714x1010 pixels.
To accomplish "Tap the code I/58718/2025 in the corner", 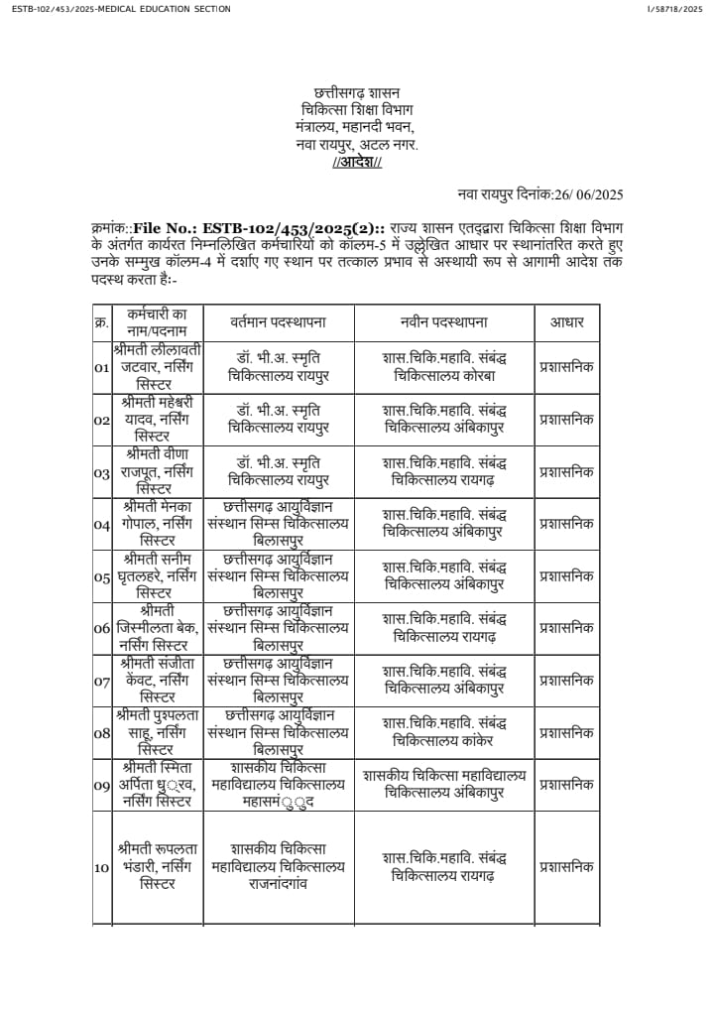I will (x=673, y=9).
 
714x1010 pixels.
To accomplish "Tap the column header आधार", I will (x=566, y=322).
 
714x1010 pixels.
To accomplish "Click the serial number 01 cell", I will (x=101, y=368).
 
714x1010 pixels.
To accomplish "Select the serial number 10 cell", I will (x=101, y=868).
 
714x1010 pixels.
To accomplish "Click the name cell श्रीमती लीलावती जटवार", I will (x=158, y=367).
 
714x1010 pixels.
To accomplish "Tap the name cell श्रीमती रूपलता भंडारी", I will (x=158, y=866).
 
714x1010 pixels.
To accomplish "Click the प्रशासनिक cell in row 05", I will (x=566, y=575).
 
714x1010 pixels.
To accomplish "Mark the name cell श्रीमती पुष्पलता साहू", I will (x=158, y=732).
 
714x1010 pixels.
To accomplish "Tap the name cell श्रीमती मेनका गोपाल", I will (x=158, y=524).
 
